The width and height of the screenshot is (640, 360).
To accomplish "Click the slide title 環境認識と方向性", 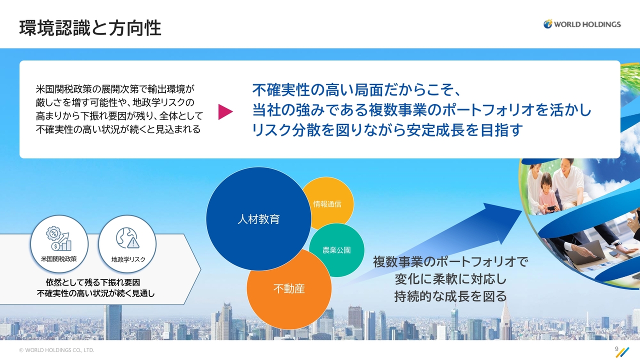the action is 90,28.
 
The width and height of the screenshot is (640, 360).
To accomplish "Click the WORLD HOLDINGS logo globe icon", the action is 547,24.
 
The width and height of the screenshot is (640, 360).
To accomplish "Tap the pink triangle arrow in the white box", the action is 225,111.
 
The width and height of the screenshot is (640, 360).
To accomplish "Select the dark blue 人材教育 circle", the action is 258,219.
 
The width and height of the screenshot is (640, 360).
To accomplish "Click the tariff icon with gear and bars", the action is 59,238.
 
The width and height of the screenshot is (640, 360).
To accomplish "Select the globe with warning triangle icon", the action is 127,238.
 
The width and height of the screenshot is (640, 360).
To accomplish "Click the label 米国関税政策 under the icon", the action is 59,259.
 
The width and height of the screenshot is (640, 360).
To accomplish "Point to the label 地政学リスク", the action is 128,259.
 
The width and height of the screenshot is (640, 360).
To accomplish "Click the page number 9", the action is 616,349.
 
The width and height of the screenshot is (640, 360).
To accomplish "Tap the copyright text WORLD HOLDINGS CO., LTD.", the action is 56,350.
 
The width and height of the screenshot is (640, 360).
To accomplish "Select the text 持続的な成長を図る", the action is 450,296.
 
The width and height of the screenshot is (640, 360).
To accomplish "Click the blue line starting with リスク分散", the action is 387,130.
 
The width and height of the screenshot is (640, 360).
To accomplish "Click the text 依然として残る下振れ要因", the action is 93,282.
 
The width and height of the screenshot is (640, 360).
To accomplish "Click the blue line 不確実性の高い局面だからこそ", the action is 356,90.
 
